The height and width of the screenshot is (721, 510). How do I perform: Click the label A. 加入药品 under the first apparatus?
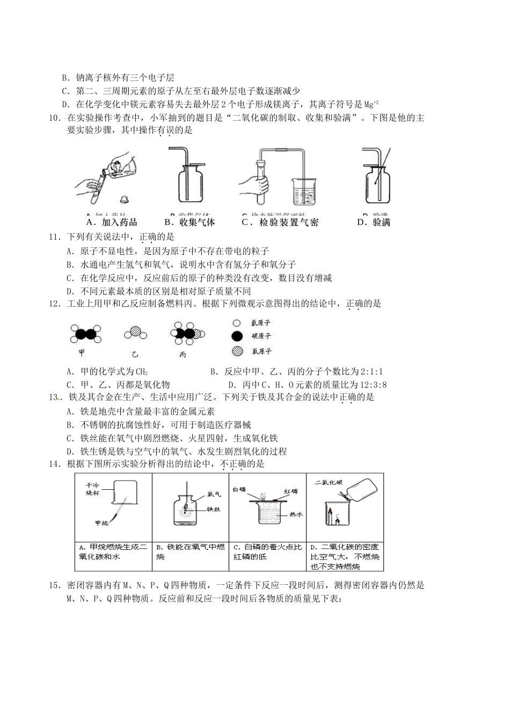111,222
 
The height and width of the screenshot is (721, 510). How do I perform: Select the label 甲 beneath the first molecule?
82,354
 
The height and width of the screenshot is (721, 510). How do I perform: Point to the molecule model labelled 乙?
135,334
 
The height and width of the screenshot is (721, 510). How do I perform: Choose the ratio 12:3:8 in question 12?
367,385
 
